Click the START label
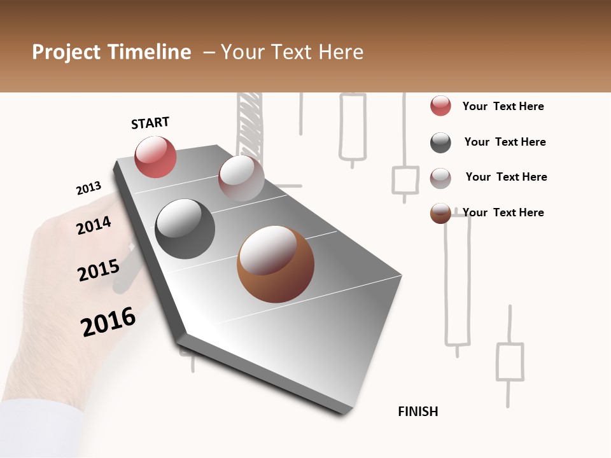point(150,123)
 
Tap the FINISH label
point(418,412)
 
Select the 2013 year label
point(88,188)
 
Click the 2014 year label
point(94,225)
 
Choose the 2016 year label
point(108,321)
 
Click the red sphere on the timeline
point(155,156)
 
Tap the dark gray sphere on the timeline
point(185,228)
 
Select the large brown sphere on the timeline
point(276,264)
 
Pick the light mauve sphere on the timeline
point(241,178)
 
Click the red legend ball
point(440,106)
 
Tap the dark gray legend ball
point(440,142)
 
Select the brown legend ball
point(440,213)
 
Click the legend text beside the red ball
point(503,106)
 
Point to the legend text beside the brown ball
point(503,212)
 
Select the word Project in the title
point(66,52)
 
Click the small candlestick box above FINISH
point(509,361)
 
